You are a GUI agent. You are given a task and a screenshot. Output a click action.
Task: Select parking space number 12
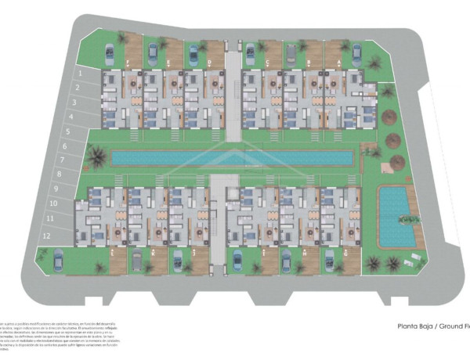tap(47, 235)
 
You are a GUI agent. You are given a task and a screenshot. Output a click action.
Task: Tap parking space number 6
tap(65, 146)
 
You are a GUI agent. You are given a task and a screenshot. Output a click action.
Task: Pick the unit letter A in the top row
tap(339, 62)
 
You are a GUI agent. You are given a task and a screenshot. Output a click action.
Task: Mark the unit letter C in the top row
tap(268, 62)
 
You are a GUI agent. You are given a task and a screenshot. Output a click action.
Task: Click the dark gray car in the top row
tap(291, 53)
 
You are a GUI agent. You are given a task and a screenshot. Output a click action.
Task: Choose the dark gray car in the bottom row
tap(137, 261)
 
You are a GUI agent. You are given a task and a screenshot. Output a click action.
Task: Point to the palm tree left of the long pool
tap(96, 158)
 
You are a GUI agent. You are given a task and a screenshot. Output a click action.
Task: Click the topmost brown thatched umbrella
tap(389, 117)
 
